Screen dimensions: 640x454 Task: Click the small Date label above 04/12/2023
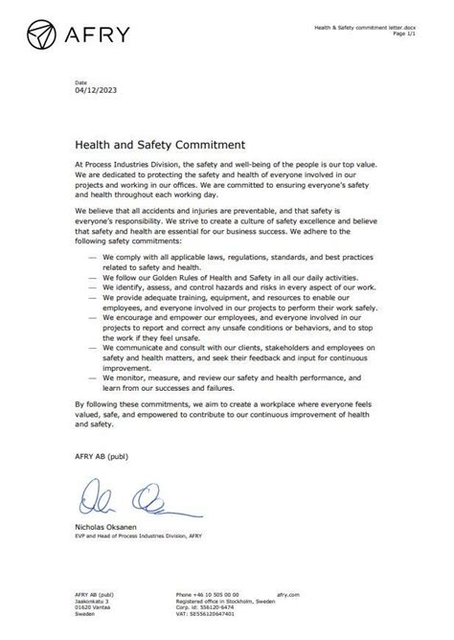(79, 82)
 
